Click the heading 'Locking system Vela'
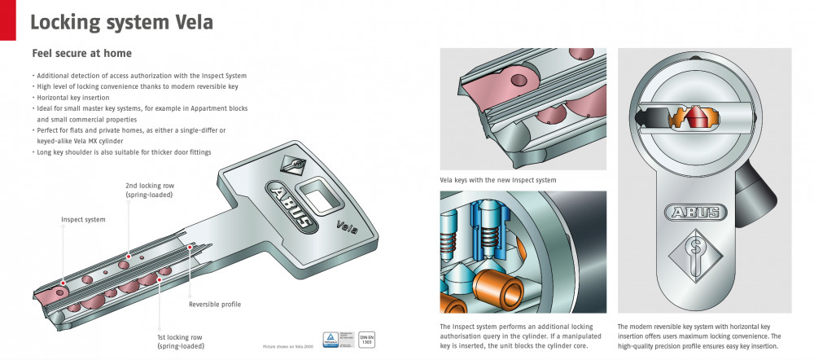click(121, 22)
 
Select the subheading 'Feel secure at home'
click(81, 54)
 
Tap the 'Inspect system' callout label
click(83, 219)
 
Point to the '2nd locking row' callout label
click(150, 190)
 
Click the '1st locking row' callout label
click(181, 340)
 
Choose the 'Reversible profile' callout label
click(215, 304)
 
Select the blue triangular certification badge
click(332, 338)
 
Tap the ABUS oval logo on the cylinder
click(694, 213)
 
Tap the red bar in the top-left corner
click(7, 20)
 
